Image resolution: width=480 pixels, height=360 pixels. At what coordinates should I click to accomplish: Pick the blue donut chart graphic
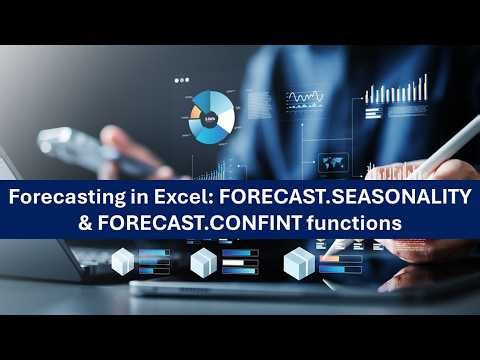(x=211, y=116)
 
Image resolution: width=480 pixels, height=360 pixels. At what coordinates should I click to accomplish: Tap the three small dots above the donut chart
(x=181, y=79)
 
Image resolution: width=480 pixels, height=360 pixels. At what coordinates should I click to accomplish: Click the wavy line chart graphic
(x=305, y=99)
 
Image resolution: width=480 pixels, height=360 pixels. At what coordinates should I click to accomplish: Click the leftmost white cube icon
(x=123, y=262)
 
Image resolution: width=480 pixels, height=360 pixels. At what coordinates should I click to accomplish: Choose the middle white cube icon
(x=203, y=263)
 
